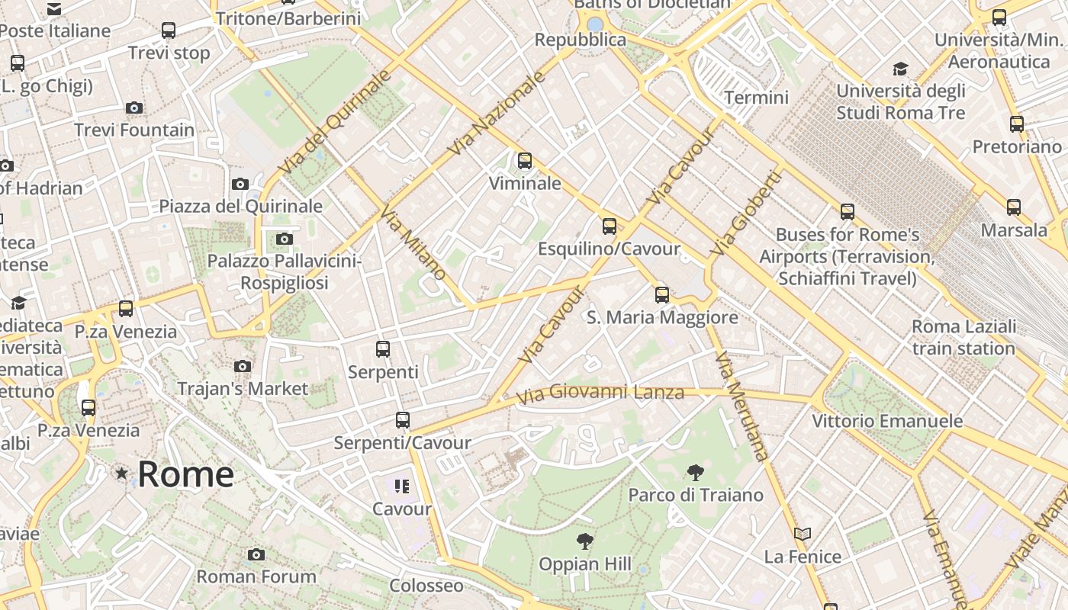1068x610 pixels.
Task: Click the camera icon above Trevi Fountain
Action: tap(134, 108)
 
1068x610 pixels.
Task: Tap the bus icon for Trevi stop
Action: tap(169, 30)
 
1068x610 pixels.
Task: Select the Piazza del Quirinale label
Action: tap(240, 206)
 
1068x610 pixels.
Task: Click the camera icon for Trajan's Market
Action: tap(243, 367)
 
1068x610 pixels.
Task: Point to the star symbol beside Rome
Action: tap(121, 474)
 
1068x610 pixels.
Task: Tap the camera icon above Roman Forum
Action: tap(256, 554)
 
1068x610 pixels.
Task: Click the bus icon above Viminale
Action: tap(525, 161)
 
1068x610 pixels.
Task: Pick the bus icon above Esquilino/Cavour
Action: tap(609, 226)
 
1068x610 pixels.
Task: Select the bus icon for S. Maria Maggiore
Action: tap(662, 295)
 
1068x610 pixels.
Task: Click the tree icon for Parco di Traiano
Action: tap(695, 473)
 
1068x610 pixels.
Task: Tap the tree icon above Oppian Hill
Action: tap(585, 542)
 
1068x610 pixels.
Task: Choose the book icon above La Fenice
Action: tap(803, 535)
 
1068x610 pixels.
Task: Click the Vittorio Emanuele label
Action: tap(886, 421)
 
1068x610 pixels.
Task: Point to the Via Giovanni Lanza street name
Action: tap(600, 394)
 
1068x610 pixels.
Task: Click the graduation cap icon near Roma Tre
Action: tap(901, 69)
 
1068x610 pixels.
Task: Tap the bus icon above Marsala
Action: tap(1014, 207)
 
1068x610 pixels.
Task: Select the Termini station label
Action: tap(756, 98)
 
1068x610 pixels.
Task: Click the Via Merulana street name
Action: tap(741, 407)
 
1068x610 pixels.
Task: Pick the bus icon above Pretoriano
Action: tap(1017, 124)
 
